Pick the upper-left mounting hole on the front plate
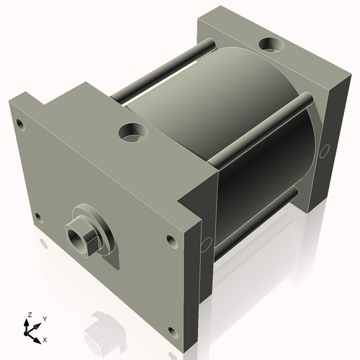(20, 125)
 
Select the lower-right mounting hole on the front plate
(172, 331)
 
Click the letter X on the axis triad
(45, 338)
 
